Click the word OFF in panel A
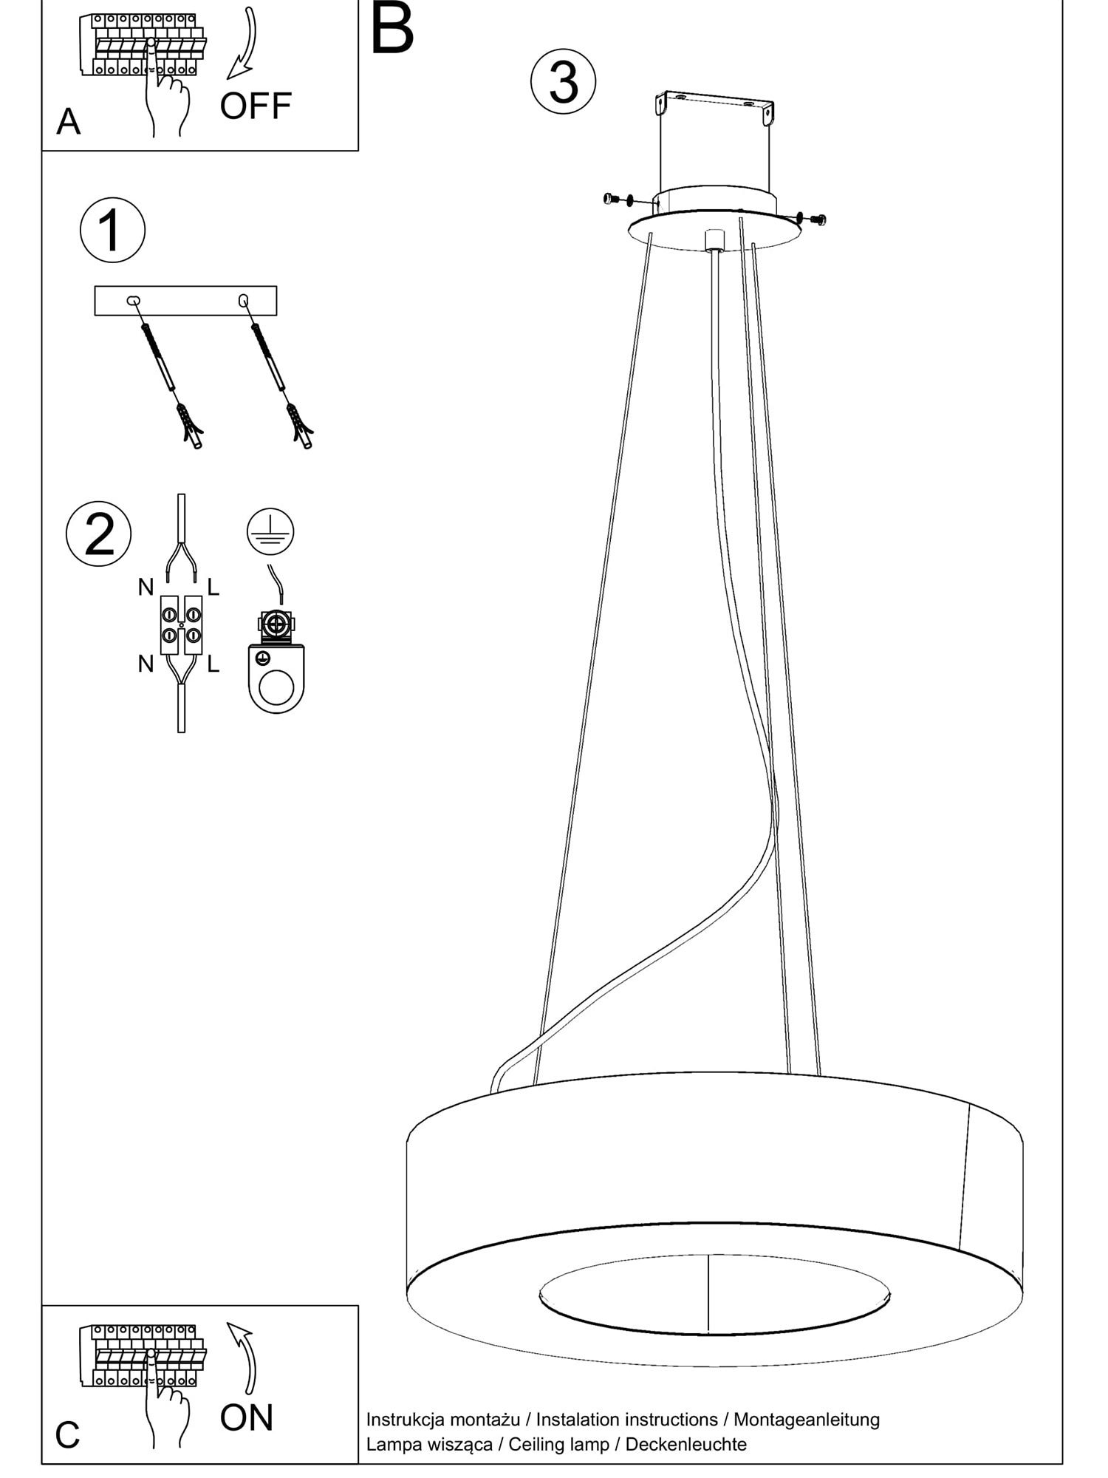(x=256, y=106)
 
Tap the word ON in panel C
(x=246, y=1417)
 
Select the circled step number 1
(x=112, y=230)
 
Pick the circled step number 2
(x=99, y=534)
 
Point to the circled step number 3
(x=564, y=81)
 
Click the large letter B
(x=391, y=30)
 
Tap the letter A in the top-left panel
(x=68, y=122)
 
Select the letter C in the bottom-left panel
(x=67, y=1435)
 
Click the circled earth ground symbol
(x=270, y=531)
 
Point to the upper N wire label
(x=146, y=588)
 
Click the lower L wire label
(x=213, y=664)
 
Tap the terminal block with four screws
(x=181, y=624)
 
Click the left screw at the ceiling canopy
(x=611, y=198)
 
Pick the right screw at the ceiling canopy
(x=818, y=219)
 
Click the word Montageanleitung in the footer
(x=807, y=1419)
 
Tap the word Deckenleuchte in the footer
(x=685, y=1443)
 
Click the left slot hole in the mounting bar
(x=133, y=300)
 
